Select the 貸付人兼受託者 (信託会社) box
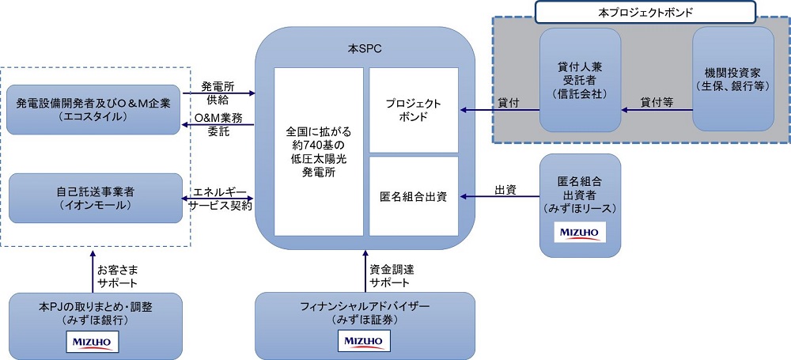(x=580, y=79)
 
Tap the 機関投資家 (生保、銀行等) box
(x=732, y=79)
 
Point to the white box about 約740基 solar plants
(x=318, y=151)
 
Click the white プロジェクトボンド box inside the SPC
(x=414, y=110)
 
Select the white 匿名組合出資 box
(x=414, y=196)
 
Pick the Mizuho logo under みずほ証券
(x=365, y=341)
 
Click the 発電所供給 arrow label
(x=217, y=93)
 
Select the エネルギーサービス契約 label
(x=219, y=199)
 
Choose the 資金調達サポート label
(x=390, y=276)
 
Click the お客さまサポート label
(x=117, y=276)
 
